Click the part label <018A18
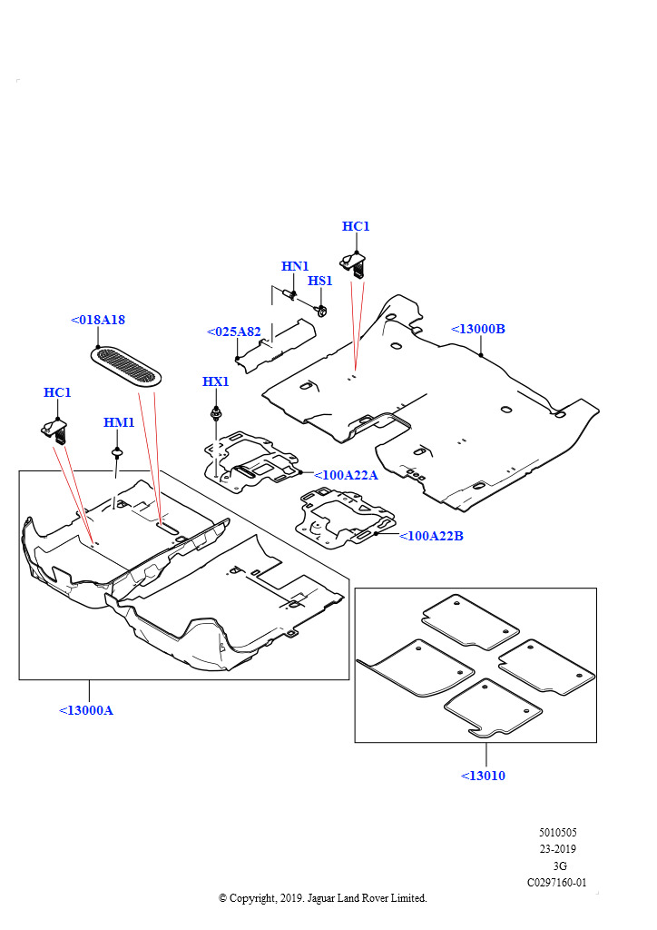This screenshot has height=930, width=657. coord(98,320)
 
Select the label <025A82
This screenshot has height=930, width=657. coord(233,331)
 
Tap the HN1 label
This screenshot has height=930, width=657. coord(295,266)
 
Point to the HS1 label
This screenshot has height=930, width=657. coord(320,281)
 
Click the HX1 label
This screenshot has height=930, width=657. coord(216,381)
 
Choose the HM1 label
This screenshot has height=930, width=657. coord(119,422)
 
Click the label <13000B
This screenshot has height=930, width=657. coord(478,329)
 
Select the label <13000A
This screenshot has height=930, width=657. coord(86,710)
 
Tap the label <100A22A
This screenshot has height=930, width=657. coord(346,475)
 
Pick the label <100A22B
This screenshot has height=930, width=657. coord(431,536)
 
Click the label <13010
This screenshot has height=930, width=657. coord(483,776)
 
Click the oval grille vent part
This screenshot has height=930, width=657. coord(125,365)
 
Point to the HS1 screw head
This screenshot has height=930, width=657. coord(321,311)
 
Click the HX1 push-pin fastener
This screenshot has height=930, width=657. coord(216,412)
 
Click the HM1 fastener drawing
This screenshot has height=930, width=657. coord(117,454)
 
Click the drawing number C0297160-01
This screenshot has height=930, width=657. coord(557,883)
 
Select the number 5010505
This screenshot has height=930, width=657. coord(558,833)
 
